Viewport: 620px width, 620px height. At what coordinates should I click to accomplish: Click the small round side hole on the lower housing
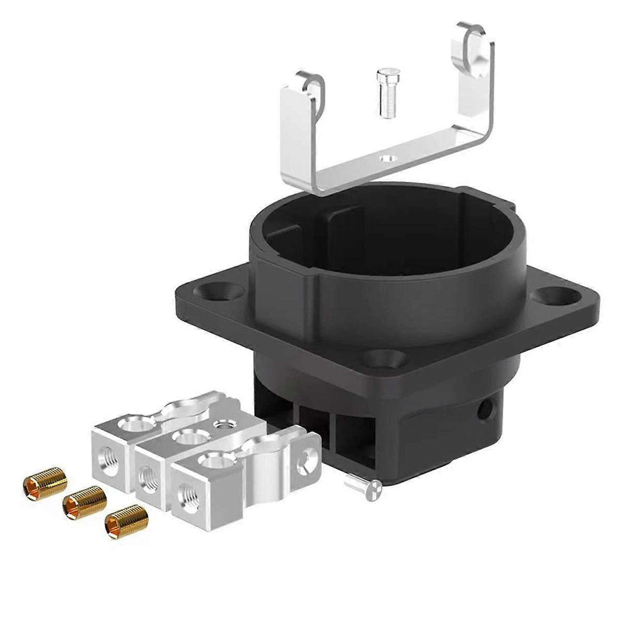485,411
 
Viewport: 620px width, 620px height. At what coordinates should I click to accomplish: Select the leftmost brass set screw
45,484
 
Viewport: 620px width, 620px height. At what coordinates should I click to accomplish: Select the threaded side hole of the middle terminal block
149,474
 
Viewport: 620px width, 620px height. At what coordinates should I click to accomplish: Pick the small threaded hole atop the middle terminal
224,425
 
